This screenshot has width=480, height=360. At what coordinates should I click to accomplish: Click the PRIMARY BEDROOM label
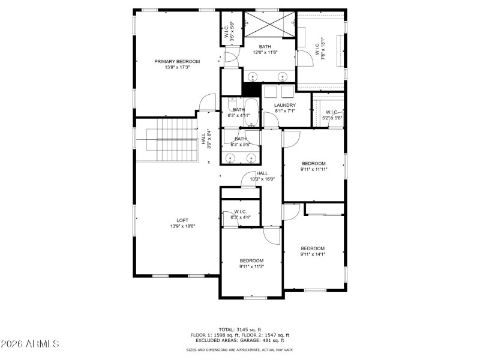point(177,61)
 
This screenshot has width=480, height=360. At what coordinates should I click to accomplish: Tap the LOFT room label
point(182,220)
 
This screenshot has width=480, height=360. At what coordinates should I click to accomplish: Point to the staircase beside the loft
point(165,139)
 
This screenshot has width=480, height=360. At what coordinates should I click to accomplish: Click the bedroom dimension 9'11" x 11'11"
point(314,169)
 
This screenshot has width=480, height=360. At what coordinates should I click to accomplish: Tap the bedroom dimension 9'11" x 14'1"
point(313,254)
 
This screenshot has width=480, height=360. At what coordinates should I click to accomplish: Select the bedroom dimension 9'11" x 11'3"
point(251,266)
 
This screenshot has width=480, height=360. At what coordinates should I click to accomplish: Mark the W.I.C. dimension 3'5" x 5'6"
point(232,30)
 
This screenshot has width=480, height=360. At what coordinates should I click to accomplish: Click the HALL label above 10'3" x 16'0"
point(262,173)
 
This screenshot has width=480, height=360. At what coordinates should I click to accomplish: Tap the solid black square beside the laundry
point(251,88)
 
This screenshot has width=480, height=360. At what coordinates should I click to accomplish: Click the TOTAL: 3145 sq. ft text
point(240,329)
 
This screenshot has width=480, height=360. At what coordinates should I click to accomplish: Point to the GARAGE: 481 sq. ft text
point(258,340)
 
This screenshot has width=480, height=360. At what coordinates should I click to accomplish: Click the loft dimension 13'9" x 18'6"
point(182,226)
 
